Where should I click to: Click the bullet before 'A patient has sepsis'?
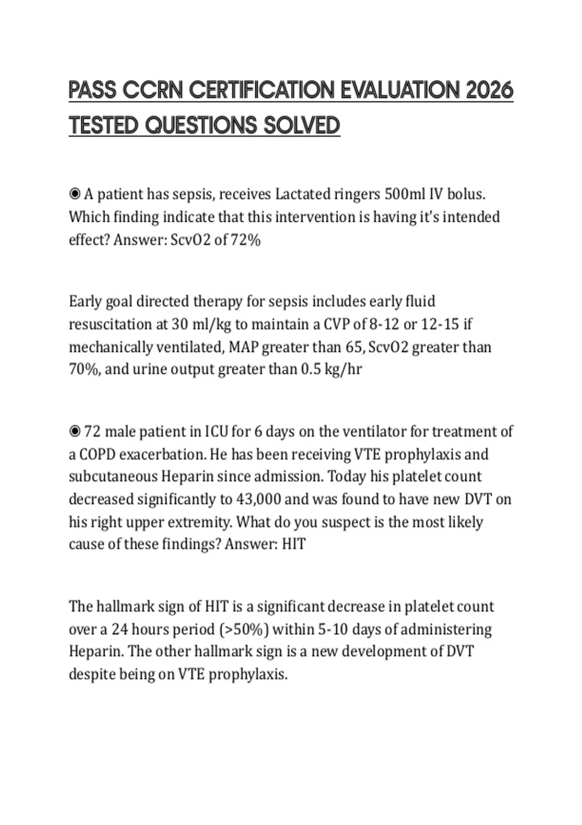click(75, 194)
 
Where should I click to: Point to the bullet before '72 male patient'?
click(75, 431)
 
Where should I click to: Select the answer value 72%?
click(246, 240)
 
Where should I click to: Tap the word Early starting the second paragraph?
click(85, 301)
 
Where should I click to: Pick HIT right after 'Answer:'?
click(294, 544)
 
